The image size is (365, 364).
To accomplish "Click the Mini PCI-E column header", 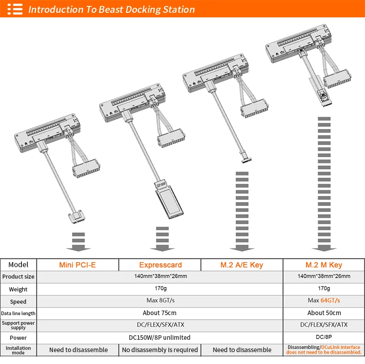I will (x=78, y=265).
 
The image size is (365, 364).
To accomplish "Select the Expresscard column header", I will (x=160, y=265).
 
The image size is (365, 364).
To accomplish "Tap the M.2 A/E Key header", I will (x=242, y=265).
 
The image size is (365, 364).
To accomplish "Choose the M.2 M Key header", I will (x=323, y=265).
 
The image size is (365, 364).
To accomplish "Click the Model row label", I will (x=18, y=265).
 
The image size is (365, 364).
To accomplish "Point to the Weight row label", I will (x=18, y=289).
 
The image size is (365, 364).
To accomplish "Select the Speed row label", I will (x=18, y=301).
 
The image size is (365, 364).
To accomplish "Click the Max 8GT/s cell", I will (x=160, y=301).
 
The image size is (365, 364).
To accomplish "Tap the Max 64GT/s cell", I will (x=323, y=301).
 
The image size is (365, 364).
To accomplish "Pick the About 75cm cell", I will (x=160, y=313).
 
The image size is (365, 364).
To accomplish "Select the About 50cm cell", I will (x=323, y=313).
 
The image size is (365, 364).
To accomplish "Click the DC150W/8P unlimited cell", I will (x=160, y=338).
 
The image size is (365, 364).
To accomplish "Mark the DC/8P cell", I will (x=323, y=338).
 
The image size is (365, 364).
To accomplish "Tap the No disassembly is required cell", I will (x=160, y=350).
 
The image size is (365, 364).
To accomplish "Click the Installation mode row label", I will (x=18, y=350).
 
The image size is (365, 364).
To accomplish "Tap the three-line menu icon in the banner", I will (x=15, y=9).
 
